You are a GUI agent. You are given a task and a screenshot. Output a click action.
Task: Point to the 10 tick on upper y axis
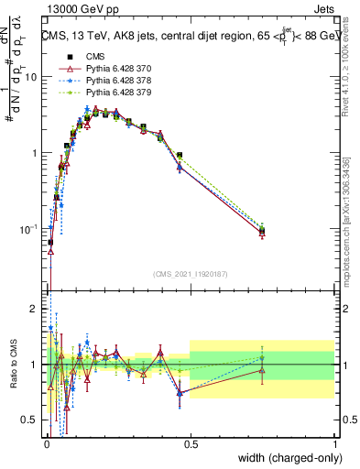point(31,77)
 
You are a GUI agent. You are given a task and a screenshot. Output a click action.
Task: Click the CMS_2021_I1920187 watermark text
point(190,274)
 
